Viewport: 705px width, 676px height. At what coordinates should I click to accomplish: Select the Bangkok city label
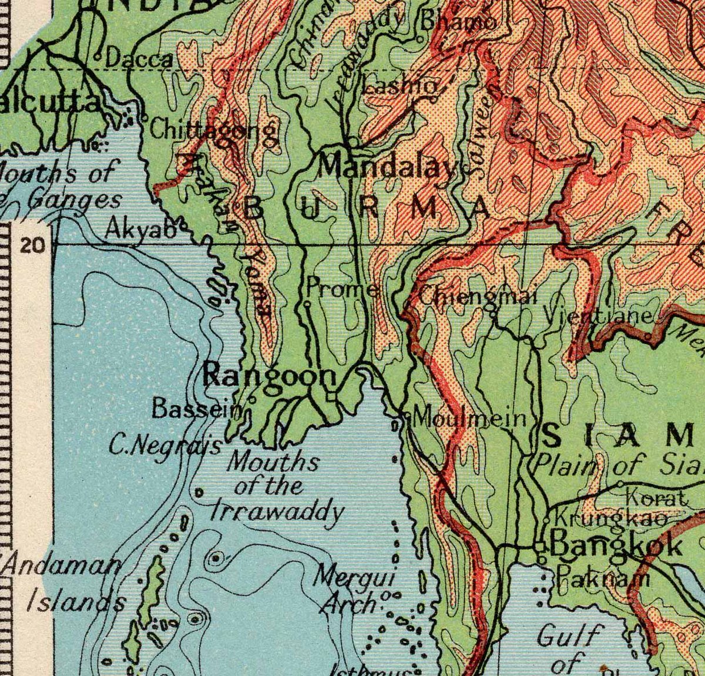point(617,546)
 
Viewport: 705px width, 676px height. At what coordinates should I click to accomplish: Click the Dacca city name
point(140,59)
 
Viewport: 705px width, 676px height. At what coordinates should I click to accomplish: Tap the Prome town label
point(343,289)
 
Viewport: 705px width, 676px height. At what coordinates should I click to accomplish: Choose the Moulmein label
point(469,419)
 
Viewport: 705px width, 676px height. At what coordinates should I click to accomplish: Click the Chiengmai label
point(478,296)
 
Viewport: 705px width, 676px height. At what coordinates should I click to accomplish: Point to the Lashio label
point(399,86)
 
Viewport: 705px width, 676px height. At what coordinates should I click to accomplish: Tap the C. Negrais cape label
point(165,446)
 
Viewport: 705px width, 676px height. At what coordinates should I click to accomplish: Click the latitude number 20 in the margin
point(32,245)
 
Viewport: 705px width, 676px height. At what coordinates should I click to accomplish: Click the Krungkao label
point(611,519)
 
